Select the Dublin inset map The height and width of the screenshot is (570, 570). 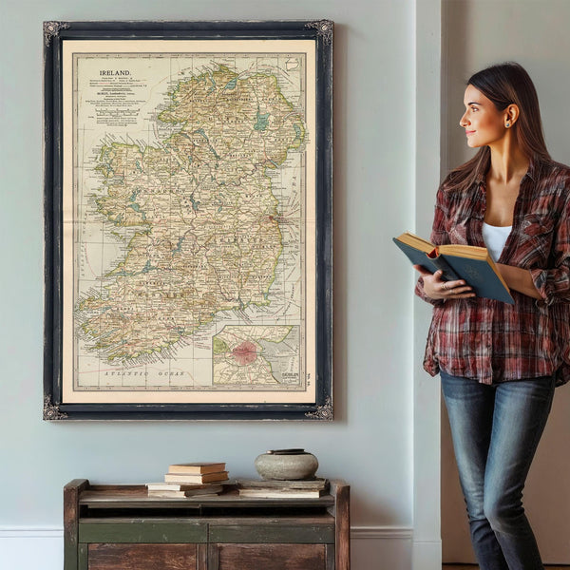(256, 355)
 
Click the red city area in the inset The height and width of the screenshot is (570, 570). (245, 352)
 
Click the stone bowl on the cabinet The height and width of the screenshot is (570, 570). (286, 465)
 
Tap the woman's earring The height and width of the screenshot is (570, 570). (506, 123)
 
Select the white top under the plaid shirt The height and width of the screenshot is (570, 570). (496, 238)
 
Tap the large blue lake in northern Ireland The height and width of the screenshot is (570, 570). (261, 123)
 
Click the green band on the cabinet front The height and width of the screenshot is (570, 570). (207, 530)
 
